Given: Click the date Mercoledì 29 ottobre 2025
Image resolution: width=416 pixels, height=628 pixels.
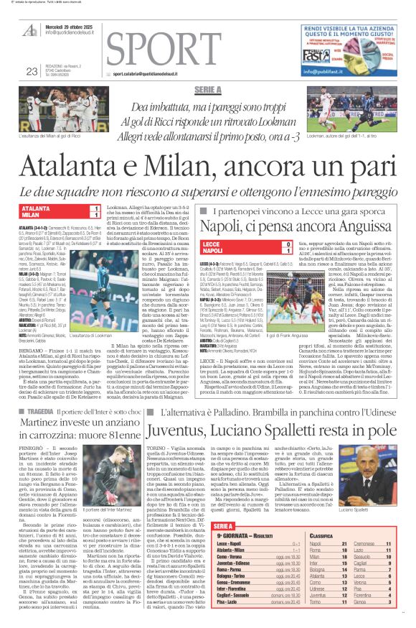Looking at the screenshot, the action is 69,24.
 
